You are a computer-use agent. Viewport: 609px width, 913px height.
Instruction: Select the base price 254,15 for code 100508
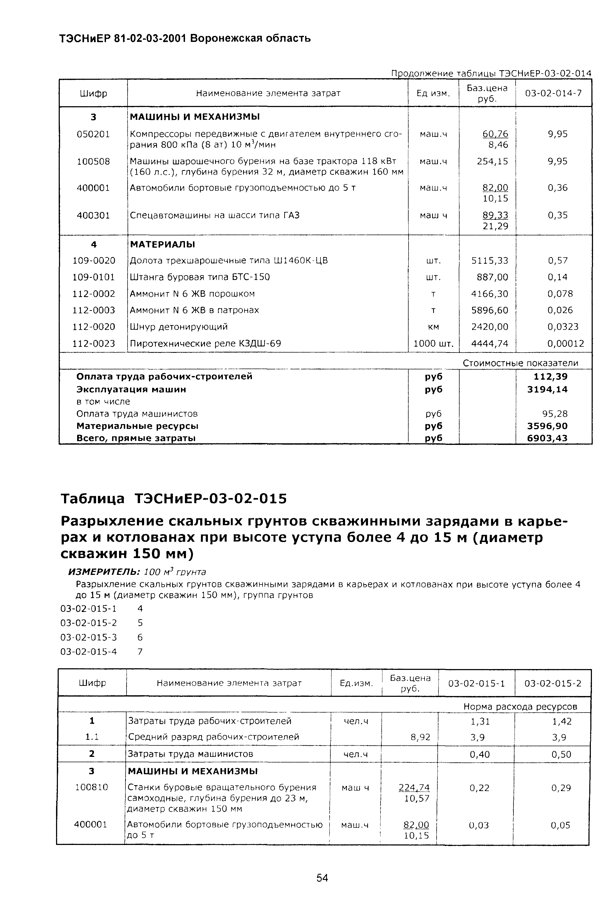click(x=492, y=161)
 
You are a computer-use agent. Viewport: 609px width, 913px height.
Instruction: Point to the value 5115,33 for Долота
click(x=489, y=260)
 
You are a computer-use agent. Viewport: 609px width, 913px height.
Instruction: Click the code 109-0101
click(x=94, y=277)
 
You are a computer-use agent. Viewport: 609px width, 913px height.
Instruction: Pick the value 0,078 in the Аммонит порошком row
click(x=560, y=294)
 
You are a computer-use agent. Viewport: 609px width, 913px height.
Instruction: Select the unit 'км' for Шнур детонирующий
click(x=433, y=327)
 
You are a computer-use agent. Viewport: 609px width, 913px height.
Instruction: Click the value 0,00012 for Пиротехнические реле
click(x=565, y=344)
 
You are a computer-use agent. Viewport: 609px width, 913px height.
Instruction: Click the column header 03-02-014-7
click(x=553, y=93)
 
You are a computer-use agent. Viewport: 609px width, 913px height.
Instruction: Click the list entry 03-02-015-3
click(x=89, y=637)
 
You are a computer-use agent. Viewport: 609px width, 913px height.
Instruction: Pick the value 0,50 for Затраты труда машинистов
click(x=561, y=754)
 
